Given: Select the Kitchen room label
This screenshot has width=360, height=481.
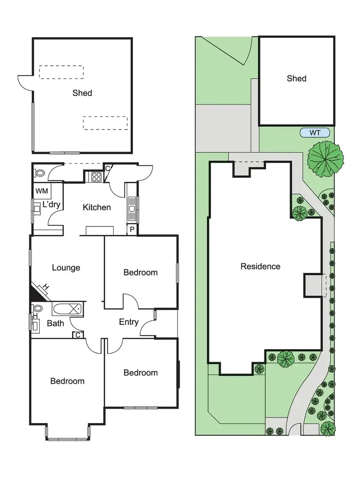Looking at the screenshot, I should coord(97,207).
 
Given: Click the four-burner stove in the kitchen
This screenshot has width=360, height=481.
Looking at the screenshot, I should coord(95,176).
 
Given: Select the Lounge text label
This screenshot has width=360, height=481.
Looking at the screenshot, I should coord(66,268).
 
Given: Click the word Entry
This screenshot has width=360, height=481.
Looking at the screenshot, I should coord(129,322).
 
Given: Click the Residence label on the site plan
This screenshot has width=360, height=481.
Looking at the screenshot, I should coord(260,266).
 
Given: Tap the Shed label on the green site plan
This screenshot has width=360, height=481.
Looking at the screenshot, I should coord(296,78).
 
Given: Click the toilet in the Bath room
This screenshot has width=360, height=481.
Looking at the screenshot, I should coord(37,308).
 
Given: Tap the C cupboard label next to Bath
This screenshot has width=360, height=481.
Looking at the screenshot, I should coord(77,335).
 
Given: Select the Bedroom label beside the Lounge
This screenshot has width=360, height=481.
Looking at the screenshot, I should coord(140,272).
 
